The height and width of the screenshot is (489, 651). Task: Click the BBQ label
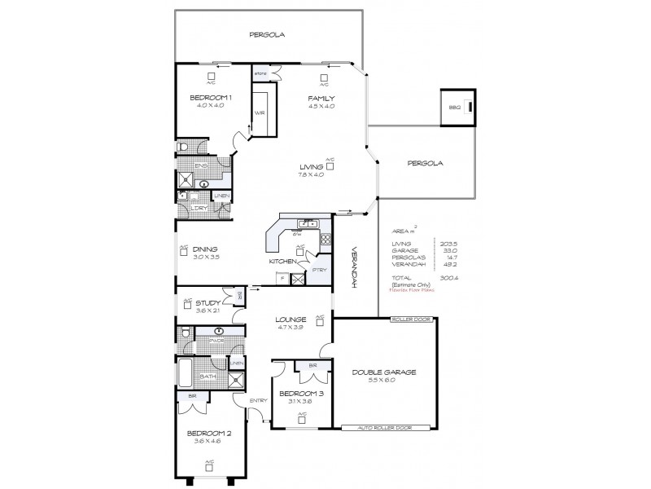[454, 108]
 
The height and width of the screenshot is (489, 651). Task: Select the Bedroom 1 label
[211, 98]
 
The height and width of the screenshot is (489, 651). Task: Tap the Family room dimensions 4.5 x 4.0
[321, 106]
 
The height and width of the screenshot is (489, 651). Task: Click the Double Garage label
[384, 372]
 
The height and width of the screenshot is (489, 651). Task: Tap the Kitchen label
[282, 262]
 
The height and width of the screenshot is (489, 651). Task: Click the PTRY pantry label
[319, 268]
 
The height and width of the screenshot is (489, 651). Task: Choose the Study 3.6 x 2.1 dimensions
[207, 311]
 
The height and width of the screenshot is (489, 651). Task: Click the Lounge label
[291, 319]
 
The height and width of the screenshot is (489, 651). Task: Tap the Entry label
[259, 400]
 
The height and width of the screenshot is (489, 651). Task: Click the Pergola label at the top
[265, 34]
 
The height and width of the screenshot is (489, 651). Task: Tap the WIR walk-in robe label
[260, 112]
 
